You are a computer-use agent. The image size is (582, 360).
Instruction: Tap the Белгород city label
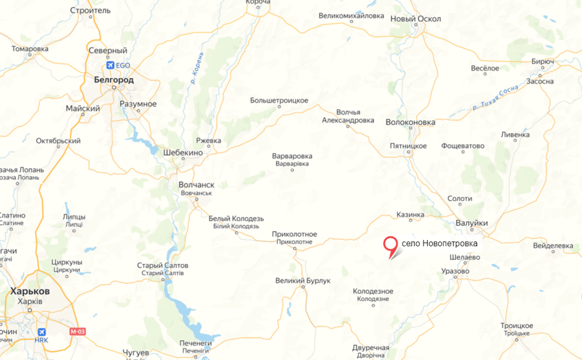tap(113, 79)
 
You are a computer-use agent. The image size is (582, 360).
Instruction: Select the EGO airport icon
tap(109, 66)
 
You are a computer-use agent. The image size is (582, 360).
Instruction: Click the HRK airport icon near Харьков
tap(41, 331)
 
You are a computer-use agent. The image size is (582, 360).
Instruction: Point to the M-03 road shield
tap(78, 331)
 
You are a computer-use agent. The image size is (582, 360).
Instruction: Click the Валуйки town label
tap(472, 223)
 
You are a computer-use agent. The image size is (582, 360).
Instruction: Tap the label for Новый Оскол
tap(415, 19)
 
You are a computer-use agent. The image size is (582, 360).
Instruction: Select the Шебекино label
tap(183, 153)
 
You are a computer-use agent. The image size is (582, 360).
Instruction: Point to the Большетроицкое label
tap(279, 101)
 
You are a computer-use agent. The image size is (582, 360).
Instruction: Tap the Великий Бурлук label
tap(303, 281)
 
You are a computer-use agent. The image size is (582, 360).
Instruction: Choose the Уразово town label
tap(455, 271)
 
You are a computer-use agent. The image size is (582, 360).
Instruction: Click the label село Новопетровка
tap(439, 243)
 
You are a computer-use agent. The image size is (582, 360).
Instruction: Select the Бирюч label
tap(543, 61)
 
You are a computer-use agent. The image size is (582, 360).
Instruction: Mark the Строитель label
tap(91, 10)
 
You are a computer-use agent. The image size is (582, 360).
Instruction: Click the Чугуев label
tap(135, 353)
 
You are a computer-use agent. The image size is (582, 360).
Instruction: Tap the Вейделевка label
tap(553, 246)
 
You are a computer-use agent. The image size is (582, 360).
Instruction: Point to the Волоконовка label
tap(410, 122)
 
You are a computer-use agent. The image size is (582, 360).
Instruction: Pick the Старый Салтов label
tap(162, 266)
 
